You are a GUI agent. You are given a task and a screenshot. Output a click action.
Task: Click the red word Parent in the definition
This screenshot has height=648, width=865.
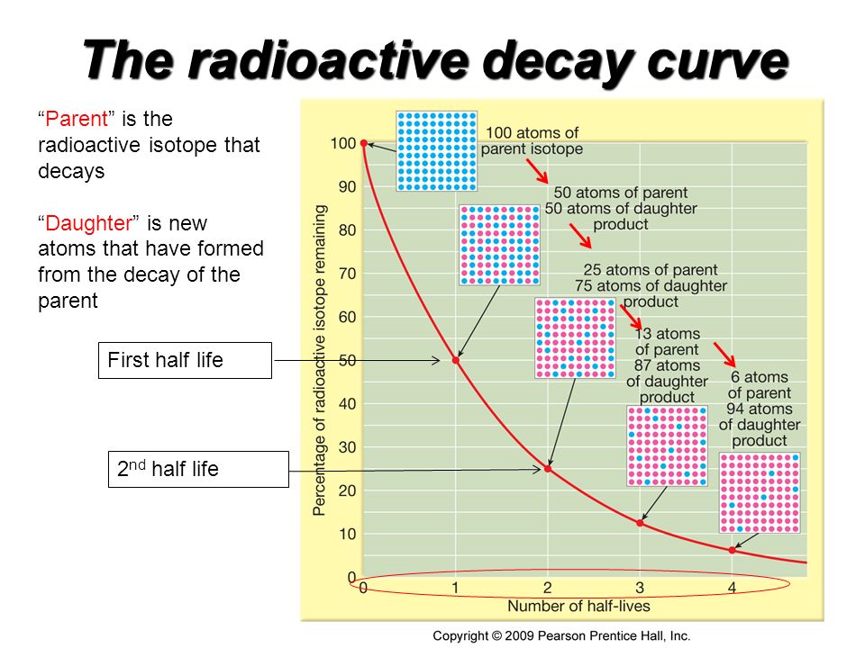pos(76,119)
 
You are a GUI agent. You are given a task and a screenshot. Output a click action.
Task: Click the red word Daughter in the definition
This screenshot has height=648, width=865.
pos(89,223)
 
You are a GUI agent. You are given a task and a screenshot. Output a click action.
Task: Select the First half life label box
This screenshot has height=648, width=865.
pos(185,360)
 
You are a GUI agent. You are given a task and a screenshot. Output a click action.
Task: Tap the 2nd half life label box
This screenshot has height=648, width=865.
pos(198,470)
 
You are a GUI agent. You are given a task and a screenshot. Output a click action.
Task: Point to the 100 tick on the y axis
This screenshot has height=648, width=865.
pos(343,143)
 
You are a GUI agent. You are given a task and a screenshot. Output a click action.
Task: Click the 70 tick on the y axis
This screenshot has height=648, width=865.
pos(348,274)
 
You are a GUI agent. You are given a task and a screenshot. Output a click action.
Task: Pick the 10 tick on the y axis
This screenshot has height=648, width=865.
pos(348,534)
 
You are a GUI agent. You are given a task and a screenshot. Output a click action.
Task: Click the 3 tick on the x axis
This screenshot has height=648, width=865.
pos(640,588)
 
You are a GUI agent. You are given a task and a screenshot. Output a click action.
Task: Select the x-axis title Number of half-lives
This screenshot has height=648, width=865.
pos(578,606)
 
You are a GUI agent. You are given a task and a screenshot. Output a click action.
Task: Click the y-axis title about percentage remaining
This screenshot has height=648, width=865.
pos(319,360)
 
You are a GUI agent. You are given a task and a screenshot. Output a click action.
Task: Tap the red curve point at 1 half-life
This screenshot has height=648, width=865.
pos(456,360)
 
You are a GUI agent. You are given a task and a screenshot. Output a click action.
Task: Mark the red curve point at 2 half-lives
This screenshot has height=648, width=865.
pos(548,469)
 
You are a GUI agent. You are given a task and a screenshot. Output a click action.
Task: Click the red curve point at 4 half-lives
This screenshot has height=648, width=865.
pos(732,550)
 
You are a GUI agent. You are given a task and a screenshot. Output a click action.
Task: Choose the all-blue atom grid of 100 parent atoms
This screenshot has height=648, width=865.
pos(437,151)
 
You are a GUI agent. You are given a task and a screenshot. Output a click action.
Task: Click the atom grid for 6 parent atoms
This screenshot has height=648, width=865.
pos(760,493)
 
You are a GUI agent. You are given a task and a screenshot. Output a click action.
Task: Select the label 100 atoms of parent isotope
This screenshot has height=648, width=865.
pos(532,140)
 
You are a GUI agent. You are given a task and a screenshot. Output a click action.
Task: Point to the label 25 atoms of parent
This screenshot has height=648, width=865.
pos(651,270)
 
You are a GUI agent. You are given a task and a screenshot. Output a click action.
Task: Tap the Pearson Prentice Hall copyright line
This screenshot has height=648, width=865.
pos(561,636)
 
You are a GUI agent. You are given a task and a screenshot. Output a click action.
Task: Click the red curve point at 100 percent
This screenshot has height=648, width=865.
pos(363,143)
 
